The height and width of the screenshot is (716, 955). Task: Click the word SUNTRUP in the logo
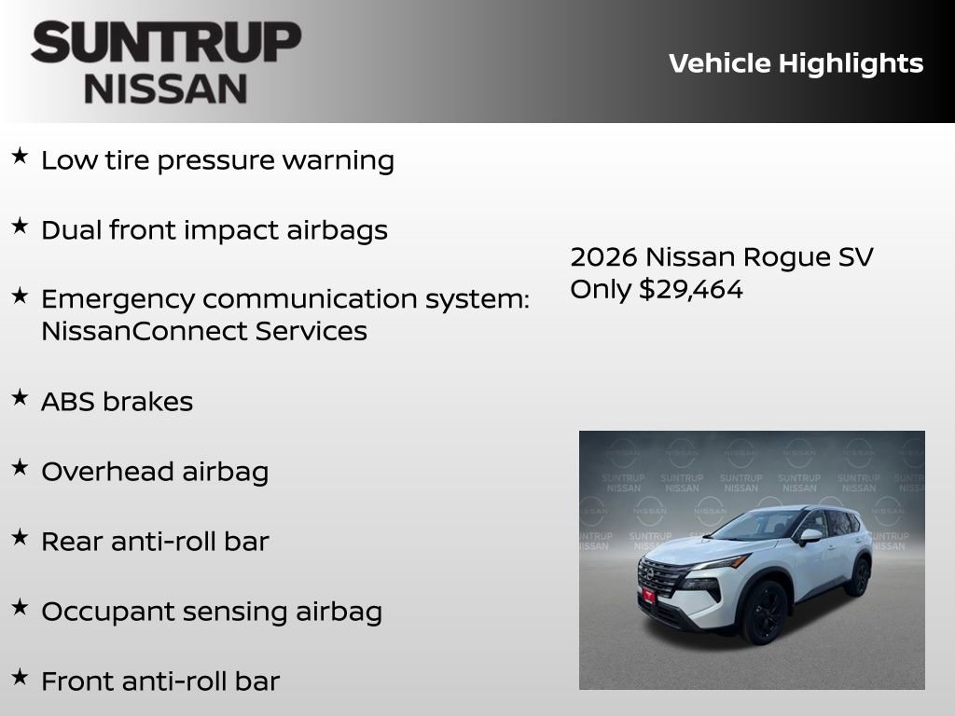tap(166, 42)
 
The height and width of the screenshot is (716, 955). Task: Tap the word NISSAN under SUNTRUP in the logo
tap(166, 89)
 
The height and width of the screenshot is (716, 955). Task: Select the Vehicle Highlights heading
tap(796, 63)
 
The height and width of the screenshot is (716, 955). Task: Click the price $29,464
tap(691, 289)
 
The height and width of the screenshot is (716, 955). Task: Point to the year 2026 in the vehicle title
tap(603, 257)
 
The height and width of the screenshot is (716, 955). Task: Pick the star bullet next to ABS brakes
tap(20, 397)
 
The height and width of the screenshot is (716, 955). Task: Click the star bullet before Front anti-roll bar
tap(20, 677)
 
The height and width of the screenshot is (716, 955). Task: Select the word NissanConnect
tap(139, 331)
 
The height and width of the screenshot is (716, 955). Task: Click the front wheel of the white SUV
tap(764, 611)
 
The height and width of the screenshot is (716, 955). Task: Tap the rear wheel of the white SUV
tap(857, 577)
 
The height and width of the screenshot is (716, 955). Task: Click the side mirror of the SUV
tap(810, 536)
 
